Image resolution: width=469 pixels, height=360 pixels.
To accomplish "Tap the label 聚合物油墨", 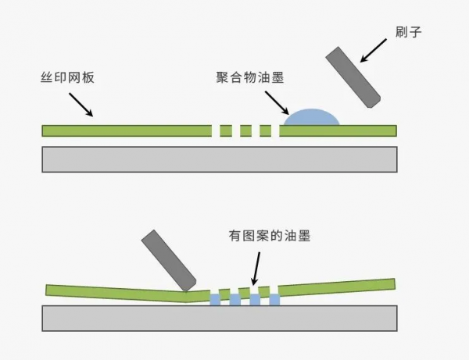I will [249, 78].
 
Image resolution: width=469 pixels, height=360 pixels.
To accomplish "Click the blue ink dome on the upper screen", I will [311, 117].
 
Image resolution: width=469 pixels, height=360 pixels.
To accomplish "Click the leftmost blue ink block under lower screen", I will [215, 300].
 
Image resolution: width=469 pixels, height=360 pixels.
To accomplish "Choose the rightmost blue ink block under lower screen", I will [274, 300].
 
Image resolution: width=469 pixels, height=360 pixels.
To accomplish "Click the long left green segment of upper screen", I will [125, 130].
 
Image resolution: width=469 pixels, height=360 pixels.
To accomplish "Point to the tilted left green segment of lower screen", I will [117, 293].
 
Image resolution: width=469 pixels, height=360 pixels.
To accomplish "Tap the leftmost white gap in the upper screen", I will [216, 130].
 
